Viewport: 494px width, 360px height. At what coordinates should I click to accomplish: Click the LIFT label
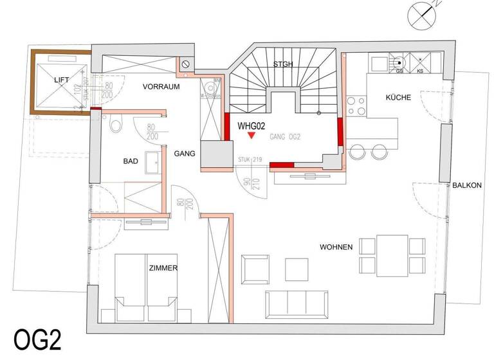click(x=62, y=79)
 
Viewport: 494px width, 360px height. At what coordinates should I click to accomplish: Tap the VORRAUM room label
click(x=161, y=86)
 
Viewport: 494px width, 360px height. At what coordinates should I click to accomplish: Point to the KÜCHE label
click(x=399, y=98)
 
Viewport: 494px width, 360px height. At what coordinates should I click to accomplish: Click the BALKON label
click(x=466, y=185)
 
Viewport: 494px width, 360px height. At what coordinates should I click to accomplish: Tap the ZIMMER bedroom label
click(x=162, y=268)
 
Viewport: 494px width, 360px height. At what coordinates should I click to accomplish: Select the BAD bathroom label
click(x=131, y=163)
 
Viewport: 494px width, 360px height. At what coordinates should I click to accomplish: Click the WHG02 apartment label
click(x=252, y=127)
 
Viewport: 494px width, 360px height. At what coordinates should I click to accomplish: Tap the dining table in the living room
click(x=392, y=255)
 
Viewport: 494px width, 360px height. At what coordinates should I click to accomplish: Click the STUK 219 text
click(x=248, y=159)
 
